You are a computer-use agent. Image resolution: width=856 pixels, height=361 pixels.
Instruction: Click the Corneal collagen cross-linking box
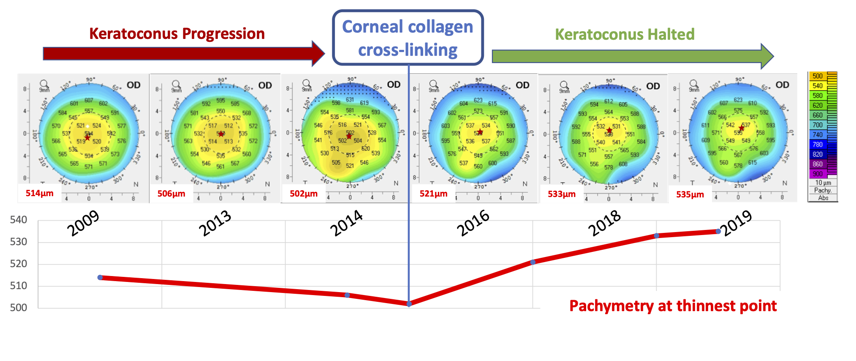coord(408,38)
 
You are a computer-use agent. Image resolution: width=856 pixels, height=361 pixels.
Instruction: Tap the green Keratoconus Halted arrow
coord(629,56)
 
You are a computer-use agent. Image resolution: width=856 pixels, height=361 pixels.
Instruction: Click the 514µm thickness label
coord(40,193)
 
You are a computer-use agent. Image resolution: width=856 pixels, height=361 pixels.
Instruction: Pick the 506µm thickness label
coord(171,194)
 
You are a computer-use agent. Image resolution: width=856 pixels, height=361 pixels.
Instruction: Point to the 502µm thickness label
coord(304,194)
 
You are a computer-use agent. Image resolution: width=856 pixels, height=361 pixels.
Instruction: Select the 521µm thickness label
coord(433,194)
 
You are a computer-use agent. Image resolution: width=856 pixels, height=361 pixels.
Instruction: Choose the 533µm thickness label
coord(562,194)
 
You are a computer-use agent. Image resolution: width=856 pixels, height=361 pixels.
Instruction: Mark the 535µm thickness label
coord(690,194)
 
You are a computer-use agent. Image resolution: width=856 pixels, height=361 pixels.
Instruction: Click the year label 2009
coord(83,223)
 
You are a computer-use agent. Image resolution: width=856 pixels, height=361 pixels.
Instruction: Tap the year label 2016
coord(473,223)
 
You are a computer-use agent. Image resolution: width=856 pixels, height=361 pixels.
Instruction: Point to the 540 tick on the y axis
coord(19,220)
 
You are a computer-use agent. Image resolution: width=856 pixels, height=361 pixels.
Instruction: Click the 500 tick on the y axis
coord(19,308)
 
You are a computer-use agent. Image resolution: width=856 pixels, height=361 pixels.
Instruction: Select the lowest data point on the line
coord(409,304)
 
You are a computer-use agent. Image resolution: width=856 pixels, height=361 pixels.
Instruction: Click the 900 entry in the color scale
coord(818,174)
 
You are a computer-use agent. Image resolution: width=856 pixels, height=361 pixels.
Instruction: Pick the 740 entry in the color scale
coord(818,135)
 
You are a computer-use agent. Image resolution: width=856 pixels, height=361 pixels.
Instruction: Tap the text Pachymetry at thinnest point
coord(673,306)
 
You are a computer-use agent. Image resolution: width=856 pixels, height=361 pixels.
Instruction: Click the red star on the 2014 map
coord(349,136)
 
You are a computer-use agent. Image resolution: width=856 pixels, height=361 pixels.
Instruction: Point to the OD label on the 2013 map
coord(265,85)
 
